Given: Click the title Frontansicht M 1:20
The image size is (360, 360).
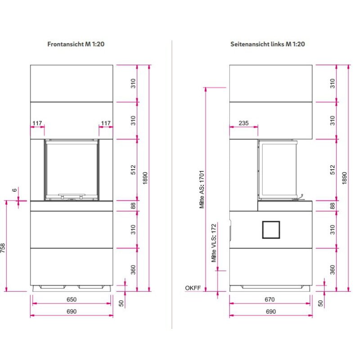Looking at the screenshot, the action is click(x=76, y=44).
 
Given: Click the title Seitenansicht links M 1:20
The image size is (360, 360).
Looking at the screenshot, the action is click(x=267, y=44).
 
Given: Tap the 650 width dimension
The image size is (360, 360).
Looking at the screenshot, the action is click(x=72, y=299).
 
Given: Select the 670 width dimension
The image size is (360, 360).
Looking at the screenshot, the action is click(x=270, y=299).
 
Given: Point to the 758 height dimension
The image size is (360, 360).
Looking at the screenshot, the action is click(x=3, y=248).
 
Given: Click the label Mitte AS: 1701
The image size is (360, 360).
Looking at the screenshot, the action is click(x=202, y=189).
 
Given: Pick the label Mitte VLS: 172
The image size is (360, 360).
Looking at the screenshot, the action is click(x=214, y=243).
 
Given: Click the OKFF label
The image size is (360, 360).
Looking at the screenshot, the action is click(x=193, y=288).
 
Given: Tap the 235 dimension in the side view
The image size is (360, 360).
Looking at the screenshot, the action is click(x=243, y=123).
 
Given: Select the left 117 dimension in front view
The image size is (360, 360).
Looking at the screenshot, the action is click(x=37, y=123).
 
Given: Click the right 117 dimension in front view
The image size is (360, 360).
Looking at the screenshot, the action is click(x=106, y=123).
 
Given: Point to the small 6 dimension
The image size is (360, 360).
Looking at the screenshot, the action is click(x=14, y=190).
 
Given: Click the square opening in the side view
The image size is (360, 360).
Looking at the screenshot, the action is click(x=271, y=229).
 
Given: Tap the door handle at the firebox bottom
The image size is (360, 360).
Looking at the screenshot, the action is click(x=72, y=196).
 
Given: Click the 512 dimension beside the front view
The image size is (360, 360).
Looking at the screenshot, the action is click(x=133, y=170).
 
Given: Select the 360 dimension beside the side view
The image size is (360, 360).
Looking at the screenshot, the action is click(x=333, y=270).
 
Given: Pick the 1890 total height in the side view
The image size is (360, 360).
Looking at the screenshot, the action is click(x=344, y=178).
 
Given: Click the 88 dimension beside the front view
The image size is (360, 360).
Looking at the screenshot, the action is click(x=133, y=206).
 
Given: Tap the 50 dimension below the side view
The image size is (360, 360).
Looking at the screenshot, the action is click(x=320, y=303).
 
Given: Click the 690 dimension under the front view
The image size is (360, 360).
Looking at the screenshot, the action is click(x=72, y=311).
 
